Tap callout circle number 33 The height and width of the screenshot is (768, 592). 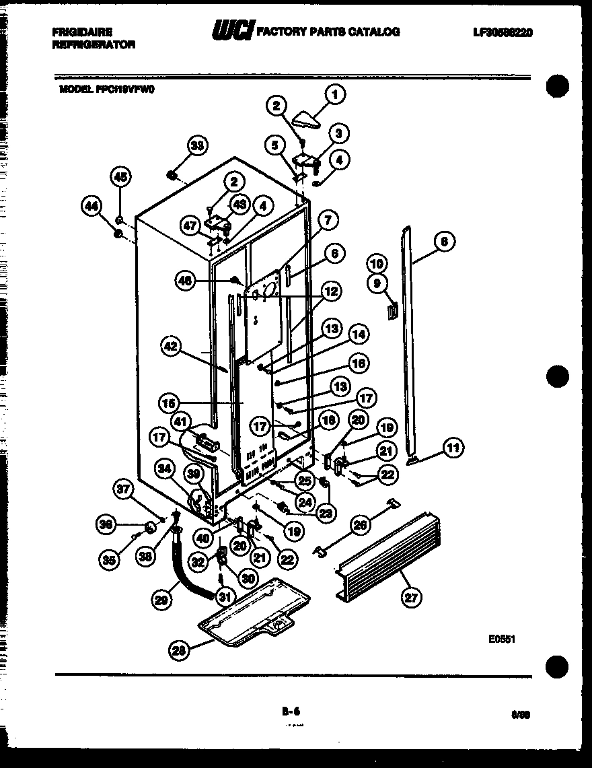(x=197, y=145)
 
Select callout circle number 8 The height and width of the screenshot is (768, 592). (x=445, y=242)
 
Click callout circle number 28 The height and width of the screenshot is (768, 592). (x=179, y=650)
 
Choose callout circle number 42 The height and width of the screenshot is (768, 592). (x=172, y=346)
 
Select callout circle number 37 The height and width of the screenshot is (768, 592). (x=123, y=493)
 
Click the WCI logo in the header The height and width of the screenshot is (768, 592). (x=232, y=31)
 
